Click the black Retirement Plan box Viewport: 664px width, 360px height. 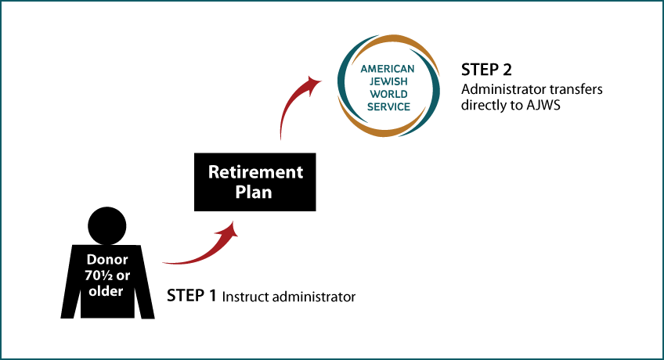click(255, 182)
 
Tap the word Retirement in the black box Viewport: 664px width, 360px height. click(255, 172)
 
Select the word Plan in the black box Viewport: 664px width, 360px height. click(254, 192)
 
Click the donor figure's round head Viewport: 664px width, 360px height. click(107, 226)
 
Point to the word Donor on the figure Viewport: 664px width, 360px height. click(107, 259)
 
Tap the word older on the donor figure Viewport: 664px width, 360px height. click(106, 291)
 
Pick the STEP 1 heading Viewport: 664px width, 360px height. click(191, 296)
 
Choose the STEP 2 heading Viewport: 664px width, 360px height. click(486, 70)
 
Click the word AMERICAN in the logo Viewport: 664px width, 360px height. click(388, 69)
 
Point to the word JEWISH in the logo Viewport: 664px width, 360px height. click(388, 81)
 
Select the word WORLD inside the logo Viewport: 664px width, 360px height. click(388, 95)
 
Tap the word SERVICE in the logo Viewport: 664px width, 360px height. click(388, 107)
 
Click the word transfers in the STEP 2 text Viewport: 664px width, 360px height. click(576, 90)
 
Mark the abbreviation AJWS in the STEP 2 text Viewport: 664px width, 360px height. click(543, 106)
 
